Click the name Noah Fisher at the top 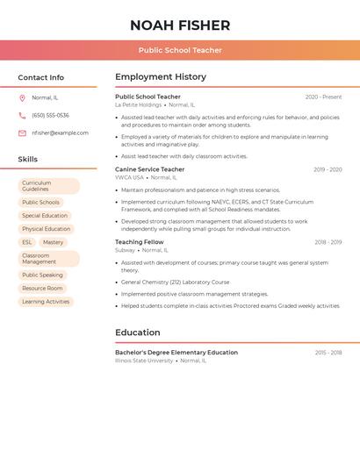click(180, 25)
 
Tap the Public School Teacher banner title click(180, 50)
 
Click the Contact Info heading click(41, 77)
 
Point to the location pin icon click(22, 97)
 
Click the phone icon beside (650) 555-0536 click(22, 115)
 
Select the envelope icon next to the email click(22, 133)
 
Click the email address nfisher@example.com click(60, 133)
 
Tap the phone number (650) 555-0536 click(50, 115)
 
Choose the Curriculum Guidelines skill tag click(48, 186)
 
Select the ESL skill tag click(27, 242)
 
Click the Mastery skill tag click(53, 242)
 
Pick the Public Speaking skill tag click(43, 275)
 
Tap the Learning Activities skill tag click(46, 301)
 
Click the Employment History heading click(161, 77)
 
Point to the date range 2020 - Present click(323, 97)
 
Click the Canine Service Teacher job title click(150, 169)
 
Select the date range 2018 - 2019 click(328, 242)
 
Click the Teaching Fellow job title click(140, 242)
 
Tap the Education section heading click(138, 333)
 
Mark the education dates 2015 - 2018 click(328, 353)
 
